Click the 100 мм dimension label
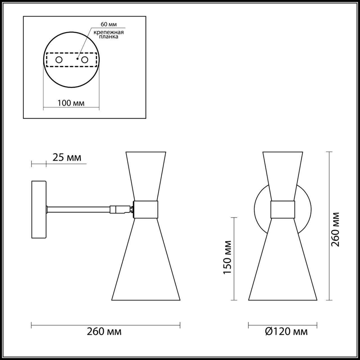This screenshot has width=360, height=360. click(71, 103)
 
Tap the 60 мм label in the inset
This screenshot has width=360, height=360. click(109, 24)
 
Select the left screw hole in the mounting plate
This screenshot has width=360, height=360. click(59, 60)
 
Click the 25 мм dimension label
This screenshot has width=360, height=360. click(67, 157)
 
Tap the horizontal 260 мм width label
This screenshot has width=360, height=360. click(104, 332)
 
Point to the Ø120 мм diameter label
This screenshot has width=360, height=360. click(286, 332)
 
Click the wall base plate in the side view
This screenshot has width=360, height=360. click(39, 210)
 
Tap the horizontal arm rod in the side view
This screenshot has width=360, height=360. click(79, 210)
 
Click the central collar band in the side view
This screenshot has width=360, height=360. click(146, 210)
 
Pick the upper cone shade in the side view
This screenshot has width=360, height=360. click(146, 174)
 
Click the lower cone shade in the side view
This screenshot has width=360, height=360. click(146, 262)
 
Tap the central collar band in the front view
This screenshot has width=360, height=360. click(283, 210)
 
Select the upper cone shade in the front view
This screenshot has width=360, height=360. click(283, 174)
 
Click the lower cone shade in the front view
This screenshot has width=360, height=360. click(283, 262)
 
